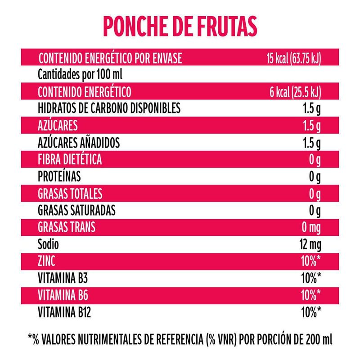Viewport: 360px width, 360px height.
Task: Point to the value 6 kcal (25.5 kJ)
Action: (x=295, y=92)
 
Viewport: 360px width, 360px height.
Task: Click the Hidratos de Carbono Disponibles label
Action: (x=109, y=108)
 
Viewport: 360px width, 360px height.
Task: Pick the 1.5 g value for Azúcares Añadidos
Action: (x=311, y=143)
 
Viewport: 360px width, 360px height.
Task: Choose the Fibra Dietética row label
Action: (x=70, y=159)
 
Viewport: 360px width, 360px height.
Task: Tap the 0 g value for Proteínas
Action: (x=315, y=177)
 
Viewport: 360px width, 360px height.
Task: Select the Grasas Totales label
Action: (x=70, y=194)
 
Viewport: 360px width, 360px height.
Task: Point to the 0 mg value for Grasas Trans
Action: (x=311, y=228)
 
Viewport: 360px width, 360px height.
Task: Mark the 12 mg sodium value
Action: (x=309, y=245)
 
